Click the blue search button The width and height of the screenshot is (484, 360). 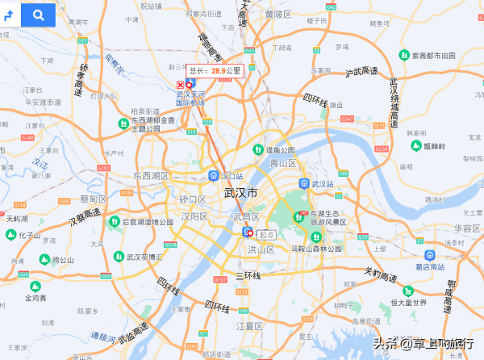tap(37, 15)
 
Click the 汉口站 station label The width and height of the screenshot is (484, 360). tap(232, 175)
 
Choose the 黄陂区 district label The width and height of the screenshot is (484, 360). tap(277, 14)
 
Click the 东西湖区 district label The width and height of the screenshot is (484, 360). tap(152, 175)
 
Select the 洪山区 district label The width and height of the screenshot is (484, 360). tap(261, 250)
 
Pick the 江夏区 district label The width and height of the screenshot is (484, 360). tap(249, 326)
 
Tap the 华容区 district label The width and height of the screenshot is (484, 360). tap(466, 228)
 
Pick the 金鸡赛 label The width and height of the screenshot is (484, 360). tap(35, 298)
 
